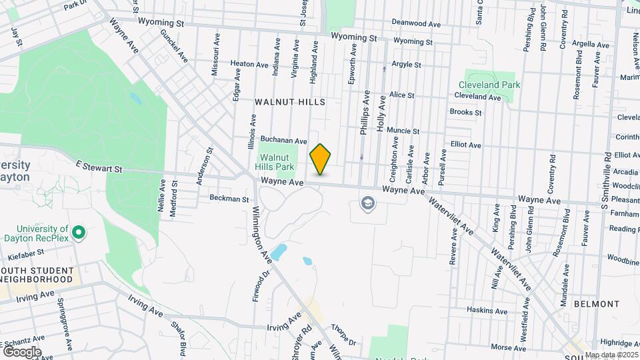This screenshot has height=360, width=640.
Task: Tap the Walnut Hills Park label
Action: [x=276, y=162]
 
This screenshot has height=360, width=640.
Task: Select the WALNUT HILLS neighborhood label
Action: [x=290, y=102]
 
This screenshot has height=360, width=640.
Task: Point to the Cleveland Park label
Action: [x=489, y=85]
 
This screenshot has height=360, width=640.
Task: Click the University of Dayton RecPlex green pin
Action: [x=79, y=233]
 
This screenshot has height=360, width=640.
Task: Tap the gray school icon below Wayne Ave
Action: [x=367, y=203]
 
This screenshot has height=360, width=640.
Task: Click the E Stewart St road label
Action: [x=99, y=169]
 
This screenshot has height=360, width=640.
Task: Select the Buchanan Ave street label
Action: [x=283, y=141]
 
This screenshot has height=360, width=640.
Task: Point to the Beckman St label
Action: [x=229, y=199]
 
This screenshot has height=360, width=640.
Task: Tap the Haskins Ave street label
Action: [x=487, y=311]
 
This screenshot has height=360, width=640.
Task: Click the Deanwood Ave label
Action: [x=417, y=24]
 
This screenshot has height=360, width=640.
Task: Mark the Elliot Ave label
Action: [x=465, y=145]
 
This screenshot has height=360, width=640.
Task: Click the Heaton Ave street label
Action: [x=249, y=64]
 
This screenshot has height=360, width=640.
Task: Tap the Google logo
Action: [x=21, y=351]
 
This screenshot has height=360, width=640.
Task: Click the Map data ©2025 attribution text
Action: [x=611, y=355]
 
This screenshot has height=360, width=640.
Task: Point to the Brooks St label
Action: [x=465, y=113]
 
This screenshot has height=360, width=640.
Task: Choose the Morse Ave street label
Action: [x=508, y=347]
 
